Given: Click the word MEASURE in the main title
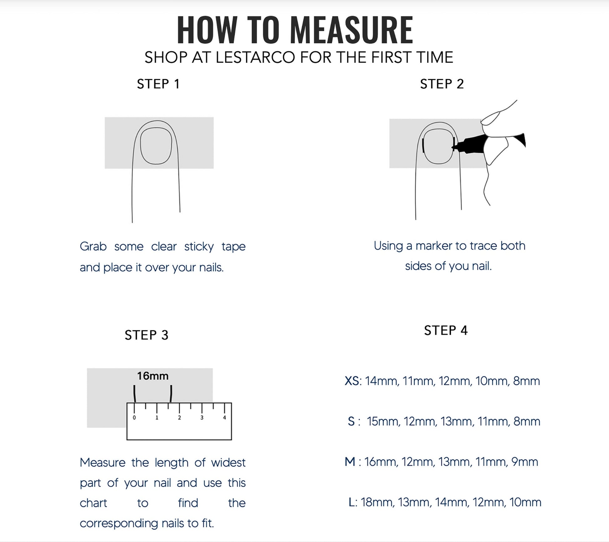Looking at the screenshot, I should click(351, 30).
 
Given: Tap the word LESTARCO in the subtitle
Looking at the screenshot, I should click(255, 58).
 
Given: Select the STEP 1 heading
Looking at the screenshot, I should click(158, 84).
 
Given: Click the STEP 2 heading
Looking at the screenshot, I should click(442, 84).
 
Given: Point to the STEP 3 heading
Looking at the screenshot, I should click(146, 335).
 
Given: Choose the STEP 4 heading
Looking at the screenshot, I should click(446, 330).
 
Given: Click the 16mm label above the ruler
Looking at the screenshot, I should click(153, 376).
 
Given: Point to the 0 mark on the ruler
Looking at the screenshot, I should click(134, 417).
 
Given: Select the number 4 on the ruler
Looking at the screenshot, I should click(224, 417).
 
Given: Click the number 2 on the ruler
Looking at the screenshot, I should click(179, 417).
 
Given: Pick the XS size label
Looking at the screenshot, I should click(352, 381).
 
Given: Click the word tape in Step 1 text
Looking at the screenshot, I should click(233, 247).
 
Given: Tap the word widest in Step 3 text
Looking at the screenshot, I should click(228, 463).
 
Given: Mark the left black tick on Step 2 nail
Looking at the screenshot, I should click(423, 146).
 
